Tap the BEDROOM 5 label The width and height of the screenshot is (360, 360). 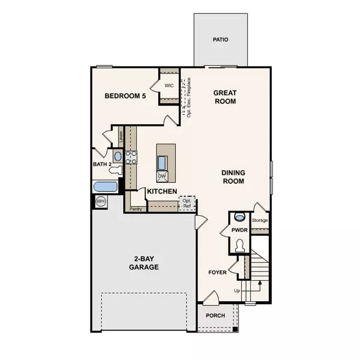click(125, 95)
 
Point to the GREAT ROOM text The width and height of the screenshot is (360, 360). click(226, 97)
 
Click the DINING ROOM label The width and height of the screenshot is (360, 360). click(234, 176)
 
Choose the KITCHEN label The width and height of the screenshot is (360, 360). click(162, 191)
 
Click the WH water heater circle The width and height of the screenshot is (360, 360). click(100, 202)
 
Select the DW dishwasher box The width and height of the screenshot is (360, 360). click(162, 176)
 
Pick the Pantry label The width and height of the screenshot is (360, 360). click(136, 209)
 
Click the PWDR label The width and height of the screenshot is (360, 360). click(240, 230)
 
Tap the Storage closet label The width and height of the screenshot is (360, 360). click(260, 220)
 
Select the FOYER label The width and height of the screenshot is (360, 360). click(218, 272)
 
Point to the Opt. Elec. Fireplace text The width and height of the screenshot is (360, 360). click(188, 97)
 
